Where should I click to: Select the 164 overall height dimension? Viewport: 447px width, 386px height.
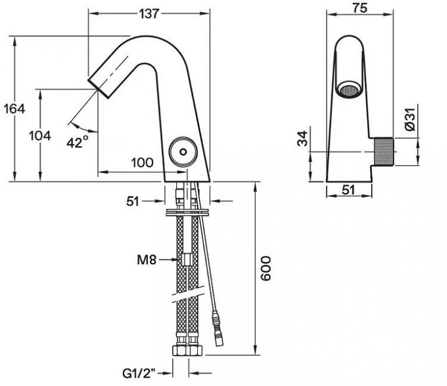13,109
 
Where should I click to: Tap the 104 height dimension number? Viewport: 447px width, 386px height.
40,135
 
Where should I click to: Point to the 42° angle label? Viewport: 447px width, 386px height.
77,141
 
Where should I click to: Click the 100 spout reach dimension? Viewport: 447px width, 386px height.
142,162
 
